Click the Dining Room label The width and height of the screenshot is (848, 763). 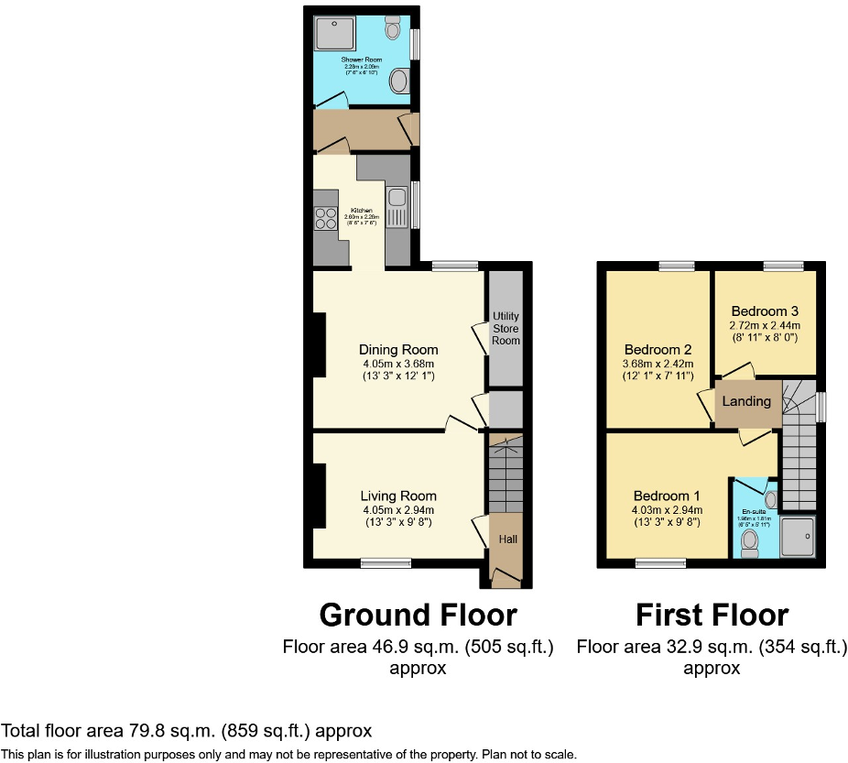pos(397,349)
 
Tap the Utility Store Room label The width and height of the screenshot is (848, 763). pos(506,328)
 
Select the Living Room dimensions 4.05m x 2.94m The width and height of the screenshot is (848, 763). pos(397,510)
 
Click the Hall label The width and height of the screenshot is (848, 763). pos(507,539)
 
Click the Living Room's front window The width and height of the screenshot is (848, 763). pos(378,563)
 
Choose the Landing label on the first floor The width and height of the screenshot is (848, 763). pos(746,401)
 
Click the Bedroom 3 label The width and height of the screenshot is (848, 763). pos(765,310)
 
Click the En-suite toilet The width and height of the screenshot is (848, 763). pos(750,545)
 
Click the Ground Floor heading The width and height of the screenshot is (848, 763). pos(417,614)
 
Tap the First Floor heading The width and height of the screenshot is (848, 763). pos(712,614)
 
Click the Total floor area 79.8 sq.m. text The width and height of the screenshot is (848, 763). pos(187,730)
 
